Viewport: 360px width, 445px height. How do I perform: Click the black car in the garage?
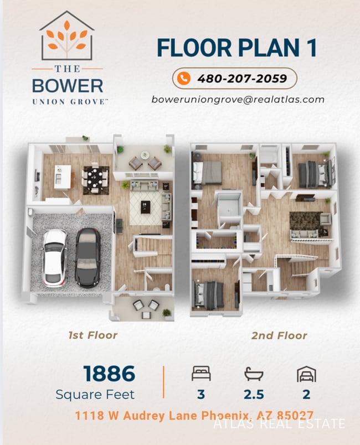[88, 257]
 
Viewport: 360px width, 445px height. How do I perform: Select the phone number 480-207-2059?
[242, 78]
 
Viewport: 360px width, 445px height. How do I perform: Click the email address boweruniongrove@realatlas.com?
[238, 100]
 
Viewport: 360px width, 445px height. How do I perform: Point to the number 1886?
[109, 374]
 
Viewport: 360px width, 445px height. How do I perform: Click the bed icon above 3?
[200, 374]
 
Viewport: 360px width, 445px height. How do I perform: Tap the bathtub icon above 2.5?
[254, 374]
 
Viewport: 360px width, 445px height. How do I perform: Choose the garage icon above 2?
[306, 374]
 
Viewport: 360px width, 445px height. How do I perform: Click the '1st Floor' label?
[92, 335]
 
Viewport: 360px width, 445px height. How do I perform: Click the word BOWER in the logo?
[68, 86]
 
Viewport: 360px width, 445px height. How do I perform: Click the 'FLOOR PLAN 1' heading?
[236, 48]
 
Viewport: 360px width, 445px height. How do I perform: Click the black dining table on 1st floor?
[95, 178]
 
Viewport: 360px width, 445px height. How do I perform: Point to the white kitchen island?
[63, 176]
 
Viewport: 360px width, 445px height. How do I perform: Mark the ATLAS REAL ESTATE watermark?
[279, 425]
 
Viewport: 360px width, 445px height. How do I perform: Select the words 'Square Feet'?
[95, 395]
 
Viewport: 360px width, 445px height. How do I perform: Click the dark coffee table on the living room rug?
[146, 206]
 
